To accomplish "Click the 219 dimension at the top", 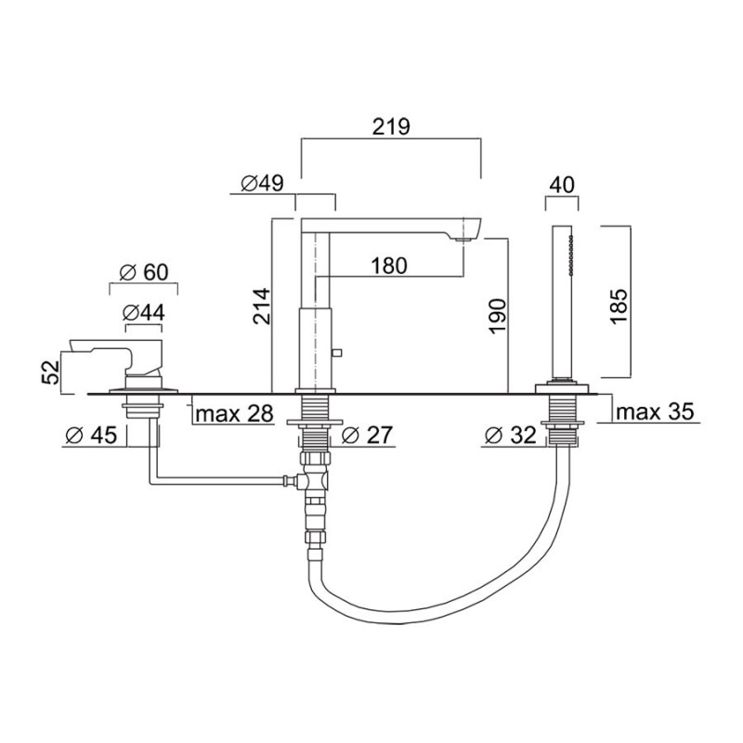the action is pyautogui.click(x=391, y=126).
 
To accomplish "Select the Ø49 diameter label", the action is pyautogui.click(x=262, y=183).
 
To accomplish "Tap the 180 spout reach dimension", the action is pyautogui.click(x=388, y=266).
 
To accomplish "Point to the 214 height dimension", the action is pyautogui.click(x=261, y=306).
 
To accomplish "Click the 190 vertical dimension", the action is pyautogui.click(x=497, y=316).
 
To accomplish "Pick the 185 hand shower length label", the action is pyautogui.click(x=619, y=306).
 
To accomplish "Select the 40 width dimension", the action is pyautogui.click(x=562, y=185).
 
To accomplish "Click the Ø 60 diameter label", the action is pyautogui.click(x=144, y=272).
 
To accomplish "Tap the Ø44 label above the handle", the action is pyautogui.click(x=144, y=313).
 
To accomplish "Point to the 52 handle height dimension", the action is pyautogui.click(x=52, y=372).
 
